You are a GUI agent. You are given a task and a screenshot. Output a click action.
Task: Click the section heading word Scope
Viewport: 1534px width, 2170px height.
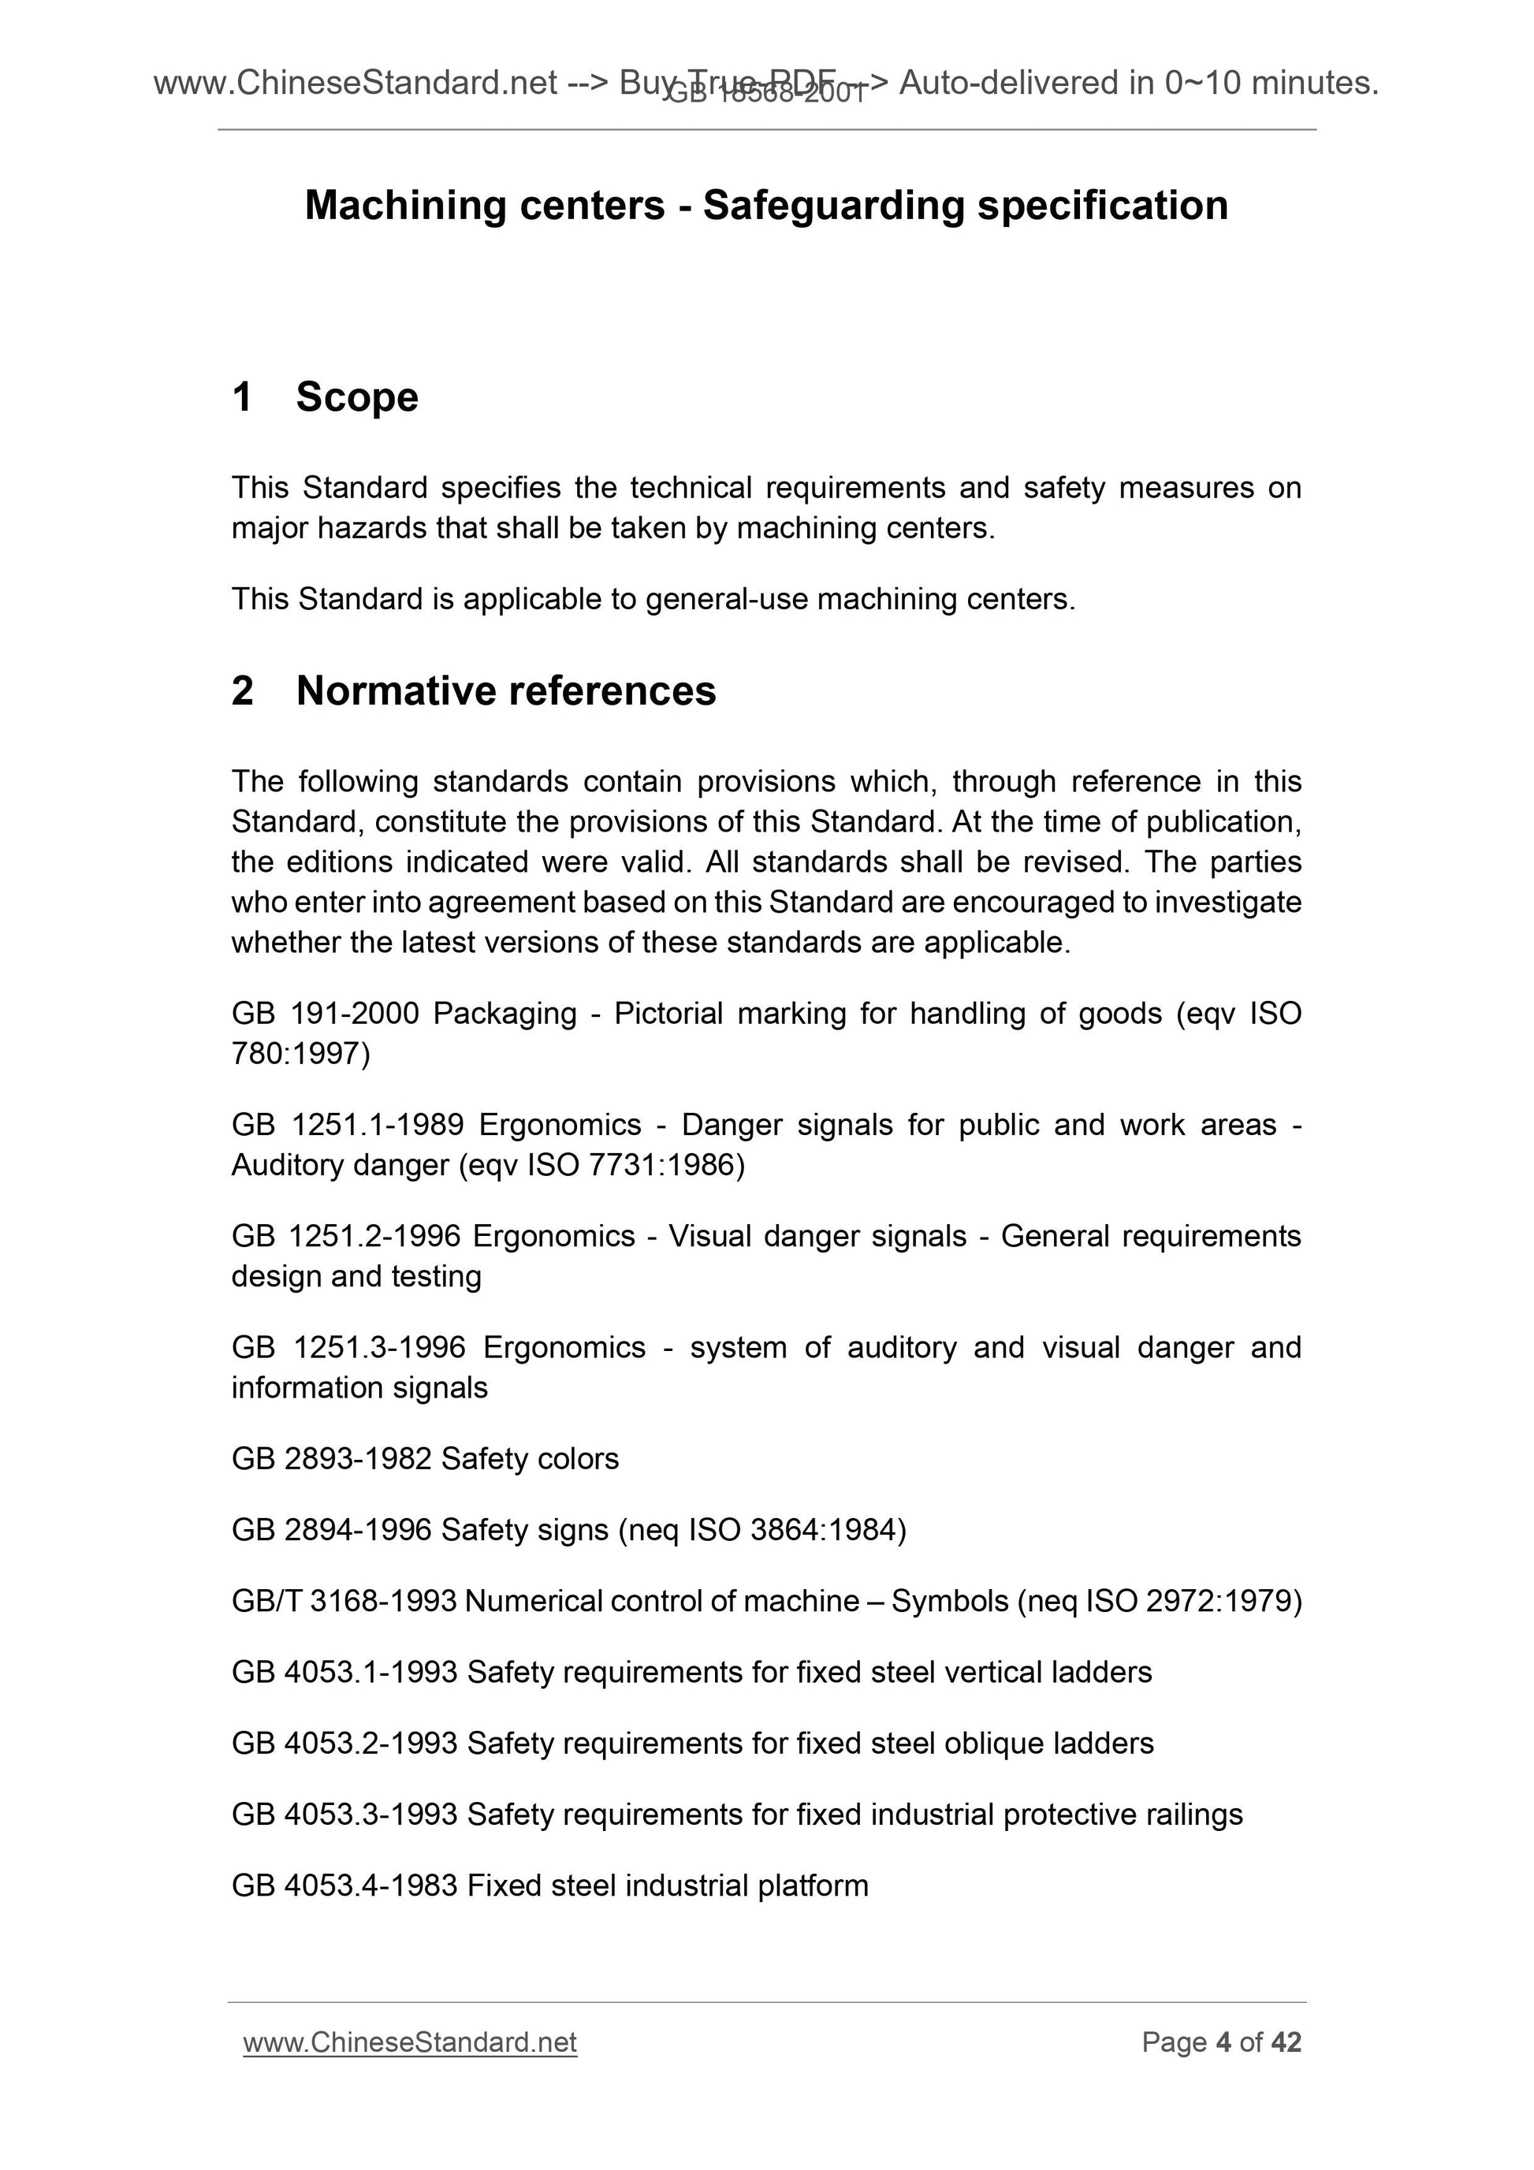pos(356,397)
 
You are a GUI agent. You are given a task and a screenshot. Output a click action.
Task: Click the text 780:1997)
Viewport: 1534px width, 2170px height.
pos(300,1054)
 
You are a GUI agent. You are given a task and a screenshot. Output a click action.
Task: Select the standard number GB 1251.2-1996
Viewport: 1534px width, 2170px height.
pos(346,1236)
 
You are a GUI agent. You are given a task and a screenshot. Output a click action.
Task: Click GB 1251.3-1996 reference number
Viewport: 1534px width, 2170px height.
pos(348,1348)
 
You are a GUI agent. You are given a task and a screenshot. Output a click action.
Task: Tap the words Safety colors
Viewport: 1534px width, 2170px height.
pos(529,1459)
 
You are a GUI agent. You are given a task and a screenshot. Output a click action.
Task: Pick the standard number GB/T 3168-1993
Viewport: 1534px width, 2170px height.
pos(344,1601)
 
